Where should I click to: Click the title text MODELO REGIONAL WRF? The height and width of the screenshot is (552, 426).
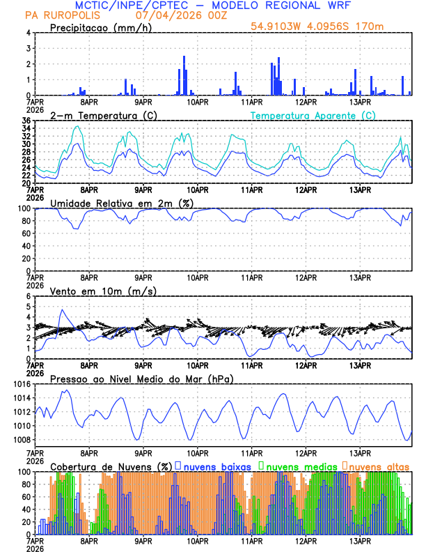292,6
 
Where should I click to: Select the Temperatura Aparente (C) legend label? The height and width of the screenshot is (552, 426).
313,115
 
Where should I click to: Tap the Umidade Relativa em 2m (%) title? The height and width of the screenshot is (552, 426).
122,203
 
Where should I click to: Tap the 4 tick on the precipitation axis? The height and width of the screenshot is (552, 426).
28,33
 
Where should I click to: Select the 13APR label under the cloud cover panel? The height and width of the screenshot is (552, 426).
359,541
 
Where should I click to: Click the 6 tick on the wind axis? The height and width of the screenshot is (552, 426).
28,296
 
